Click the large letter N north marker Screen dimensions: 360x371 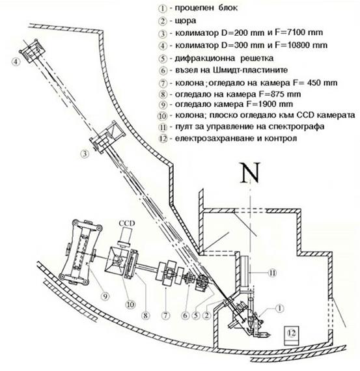250,173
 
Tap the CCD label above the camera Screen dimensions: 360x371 127,223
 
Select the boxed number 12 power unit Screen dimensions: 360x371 292,336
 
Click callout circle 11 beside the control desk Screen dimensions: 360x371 272,273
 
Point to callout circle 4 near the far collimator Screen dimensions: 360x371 16,62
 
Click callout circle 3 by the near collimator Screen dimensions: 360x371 85,154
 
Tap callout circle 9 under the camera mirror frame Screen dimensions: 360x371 105,296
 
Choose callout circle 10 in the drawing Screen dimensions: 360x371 131,304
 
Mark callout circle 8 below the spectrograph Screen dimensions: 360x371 146,315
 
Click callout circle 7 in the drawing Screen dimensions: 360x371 165,315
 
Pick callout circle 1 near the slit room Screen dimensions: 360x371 279,309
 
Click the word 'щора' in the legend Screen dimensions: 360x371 186,21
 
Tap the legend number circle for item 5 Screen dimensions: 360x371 163,58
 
